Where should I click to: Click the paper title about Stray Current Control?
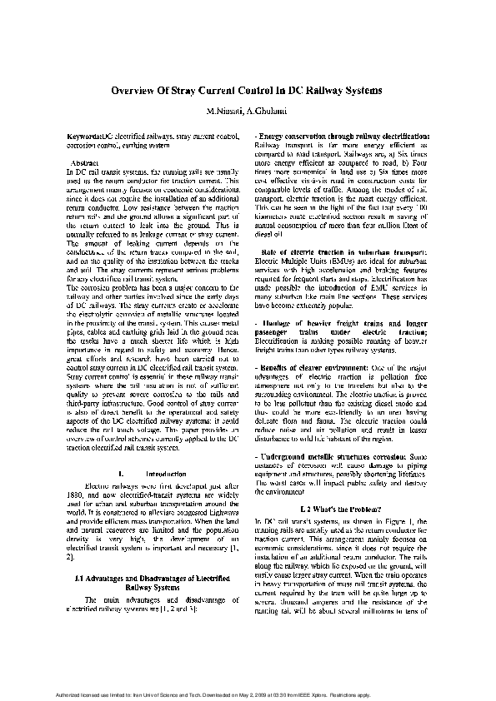click(x=247, y=89)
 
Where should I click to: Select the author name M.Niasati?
click(x=223, y=110)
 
